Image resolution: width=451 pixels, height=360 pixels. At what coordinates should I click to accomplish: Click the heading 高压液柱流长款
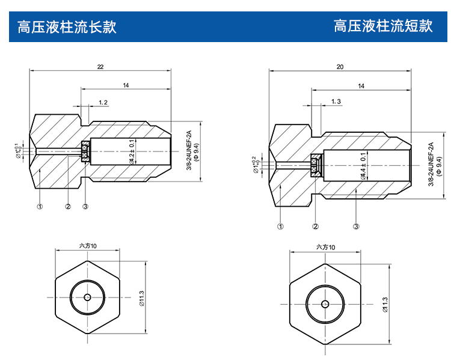66,26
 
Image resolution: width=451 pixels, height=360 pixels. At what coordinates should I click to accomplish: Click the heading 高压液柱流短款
383,26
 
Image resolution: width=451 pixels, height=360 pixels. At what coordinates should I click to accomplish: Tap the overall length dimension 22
100,67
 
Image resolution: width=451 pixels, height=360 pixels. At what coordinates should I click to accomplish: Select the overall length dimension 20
340,67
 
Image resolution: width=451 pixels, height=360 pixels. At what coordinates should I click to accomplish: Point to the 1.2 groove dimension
103,103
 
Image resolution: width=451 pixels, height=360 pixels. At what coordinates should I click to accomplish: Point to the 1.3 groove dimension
336,102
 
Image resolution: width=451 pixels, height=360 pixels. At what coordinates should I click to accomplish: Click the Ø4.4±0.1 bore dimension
363,166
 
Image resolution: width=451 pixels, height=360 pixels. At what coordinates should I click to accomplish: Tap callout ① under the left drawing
40,206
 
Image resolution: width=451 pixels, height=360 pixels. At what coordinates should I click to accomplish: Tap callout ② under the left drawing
68,206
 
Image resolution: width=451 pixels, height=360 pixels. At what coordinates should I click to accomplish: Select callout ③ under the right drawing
356,227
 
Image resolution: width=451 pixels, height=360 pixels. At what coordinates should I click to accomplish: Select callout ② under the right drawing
315,227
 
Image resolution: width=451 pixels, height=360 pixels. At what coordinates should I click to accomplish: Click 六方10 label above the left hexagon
88,246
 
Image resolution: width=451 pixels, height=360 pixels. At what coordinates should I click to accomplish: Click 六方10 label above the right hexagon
325,247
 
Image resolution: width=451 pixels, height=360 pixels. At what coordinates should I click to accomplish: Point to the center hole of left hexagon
88,297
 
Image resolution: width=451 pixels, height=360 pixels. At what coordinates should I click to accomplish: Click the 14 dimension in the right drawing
361,87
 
